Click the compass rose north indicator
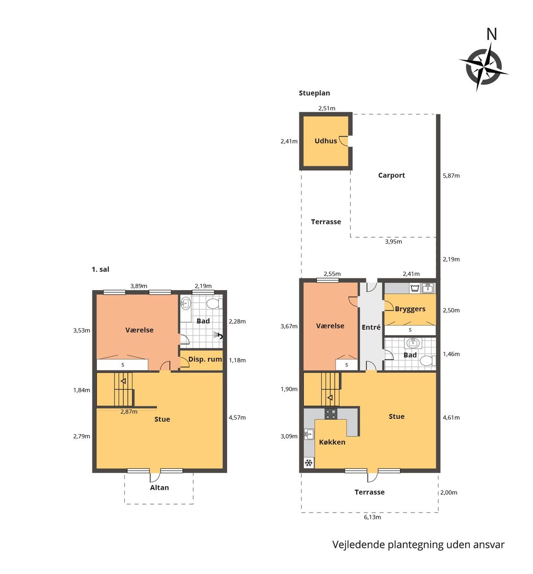pos(491,34)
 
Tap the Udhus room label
pos(326,141)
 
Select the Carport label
pos(391,175)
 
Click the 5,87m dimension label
pos(451,175)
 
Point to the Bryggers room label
pos(410,309)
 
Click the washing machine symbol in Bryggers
pos(415,288)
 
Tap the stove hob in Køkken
pos(331,413)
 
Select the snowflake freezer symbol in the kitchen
pos(309,463)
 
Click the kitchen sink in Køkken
pos(309,434)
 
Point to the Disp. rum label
pos(205,359)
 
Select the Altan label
pos(159,487)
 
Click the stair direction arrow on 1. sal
pos(123,381)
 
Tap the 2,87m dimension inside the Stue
pos(129,412)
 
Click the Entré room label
pos(371,327)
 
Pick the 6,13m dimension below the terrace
pos(372,517)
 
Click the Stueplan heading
pos(315,93)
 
